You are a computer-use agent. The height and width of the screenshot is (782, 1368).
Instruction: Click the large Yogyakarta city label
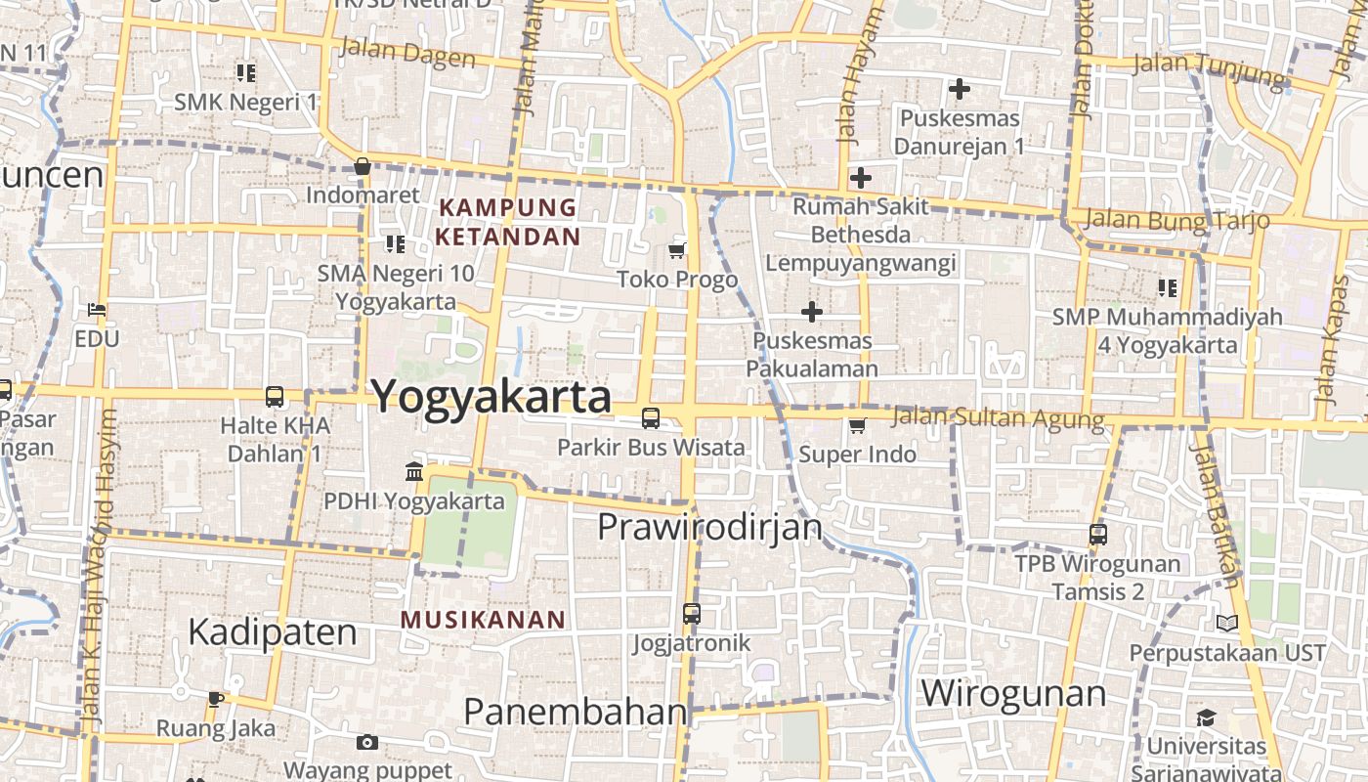click(492, 397)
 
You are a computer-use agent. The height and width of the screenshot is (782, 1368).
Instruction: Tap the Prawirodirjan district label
click(709, 528)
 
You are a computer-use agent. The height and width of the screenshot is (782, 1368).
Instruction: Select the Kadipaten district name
click(273, 632)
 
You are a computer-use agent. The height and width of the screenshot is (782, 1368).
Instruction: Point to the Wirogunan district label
click(1013, 693)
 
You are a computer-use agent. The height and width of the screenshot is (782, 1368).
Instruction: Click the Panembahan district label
click(575, 712)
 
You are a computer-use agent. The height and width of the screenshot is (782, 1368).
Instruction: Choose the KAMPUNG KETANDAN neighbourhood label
click(507, 222)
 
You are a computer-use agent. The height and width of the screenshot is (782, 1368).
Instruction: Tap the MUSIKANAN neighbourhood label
click(483, 620)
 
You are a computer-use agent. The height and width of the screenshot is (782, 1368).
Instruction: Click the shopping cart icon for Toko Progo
click(676, 250)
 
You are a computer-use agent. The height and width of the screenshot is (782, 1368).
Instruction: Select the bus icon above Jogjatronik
click(692, 614)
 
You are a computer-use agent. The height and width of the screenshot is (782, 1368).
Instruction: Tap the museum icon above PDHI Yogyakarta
click(414, 472)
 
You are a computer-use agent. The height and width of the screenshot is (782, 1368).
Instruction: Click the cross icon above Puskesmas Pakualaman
click(811, 312)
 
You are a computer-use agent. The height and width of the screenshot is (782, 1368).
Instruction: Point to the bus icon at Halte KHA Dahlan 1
click(275, 397)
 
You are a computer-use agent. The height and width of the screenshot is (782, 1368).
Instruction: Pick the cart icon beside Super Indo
click(857, 425)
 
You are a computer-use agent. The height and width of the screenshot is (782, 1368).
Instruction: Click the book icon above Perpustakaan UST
click(1227, 623)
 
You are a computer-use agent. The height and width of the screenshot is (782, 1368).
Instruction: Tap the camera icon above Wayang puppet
click(366, 743)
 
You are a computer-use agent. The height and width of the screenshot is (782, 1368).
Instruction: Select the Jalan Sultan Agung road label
click(998, 418)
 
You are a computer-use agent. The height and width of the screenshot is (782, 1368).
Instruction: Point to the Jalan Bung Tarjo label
click(1176, 219)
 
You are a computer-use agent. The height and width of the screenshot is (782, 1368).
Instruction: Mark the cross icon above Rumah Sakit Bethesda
click(860, 178)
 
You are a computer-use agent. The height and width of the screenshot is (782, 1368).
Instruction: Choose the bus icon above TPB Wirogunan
click(1098, 535)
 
